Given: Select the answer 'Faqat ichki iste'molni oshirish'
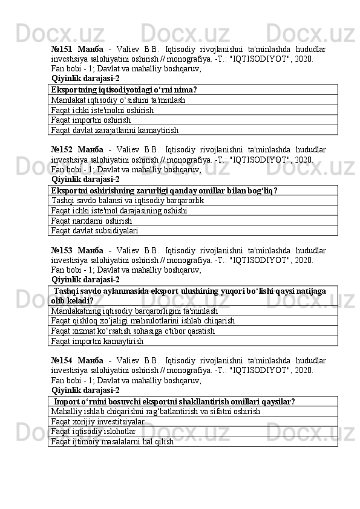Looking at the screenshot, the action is coord(102,109).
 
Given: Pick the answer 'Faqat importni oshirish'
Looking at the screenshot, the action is coord(91,120).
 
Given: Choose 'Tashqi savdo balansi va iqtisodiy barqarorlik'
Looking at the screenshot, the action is coord(128,200).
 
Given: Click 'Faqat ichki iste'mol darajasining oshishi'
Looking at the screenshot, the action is coord(119,210).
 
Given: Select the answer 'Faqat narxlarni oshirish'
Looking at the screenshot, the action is coord(92,221).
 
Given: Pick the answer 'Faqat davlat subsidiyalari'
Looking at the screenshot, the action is coord(95,230).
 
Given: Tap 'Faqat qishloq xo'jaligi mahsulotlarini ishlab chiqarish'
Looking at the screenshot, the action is coord(143,321).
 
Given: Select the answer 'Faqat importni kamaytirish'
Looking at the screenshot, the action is coord(97,341).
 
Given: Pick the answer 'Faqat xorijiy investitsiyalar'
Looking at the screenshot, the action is coord(98,421).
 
